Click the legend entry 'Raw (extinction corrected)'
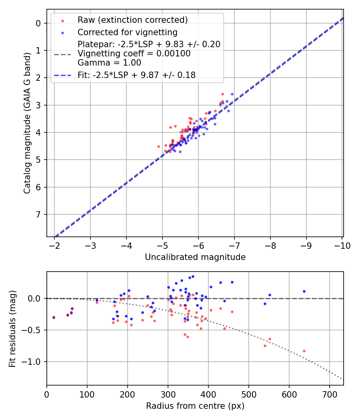coord(132,20)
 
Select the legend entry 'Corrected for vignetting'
coord(127,32)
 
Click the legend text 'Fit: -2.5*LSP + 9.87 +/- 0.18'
coord(136,75)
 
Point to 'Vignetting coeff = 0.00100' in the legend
coord(134,54)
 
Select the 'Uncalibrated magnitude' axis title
coord(195,257)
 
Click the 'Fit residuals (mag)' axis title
coord(12,328)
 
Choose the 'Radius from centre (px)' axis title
coord(195,406)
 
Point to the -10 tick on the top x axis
coord(342,245)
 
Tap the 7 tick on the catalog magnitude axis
coord(38,214)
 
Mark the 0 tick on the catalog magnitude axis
coord(38,23)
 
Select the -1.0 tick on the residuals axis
coord(34,362)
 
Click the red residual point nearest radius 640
coord(304,351)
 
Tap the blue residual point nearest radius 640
coord(304,291)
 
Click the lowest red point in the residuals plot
coord(304,351)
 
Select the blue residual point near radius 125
coord(97,300)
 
